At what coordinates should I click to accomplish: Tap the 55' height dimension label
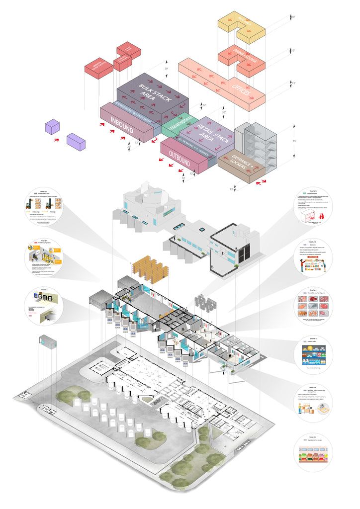294,142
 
